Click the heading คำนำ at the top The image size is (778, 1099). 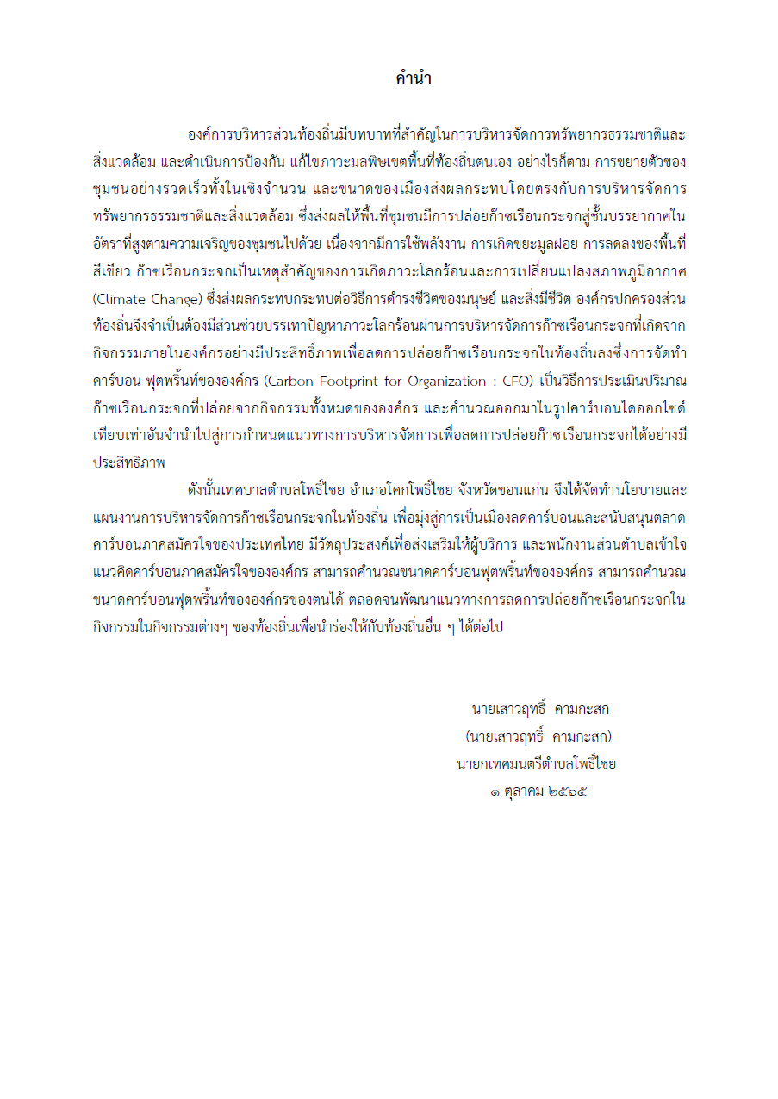tap(413, 79)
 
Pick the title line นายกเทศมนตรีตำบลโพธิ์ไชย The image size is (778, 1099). tap(535, 763)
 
